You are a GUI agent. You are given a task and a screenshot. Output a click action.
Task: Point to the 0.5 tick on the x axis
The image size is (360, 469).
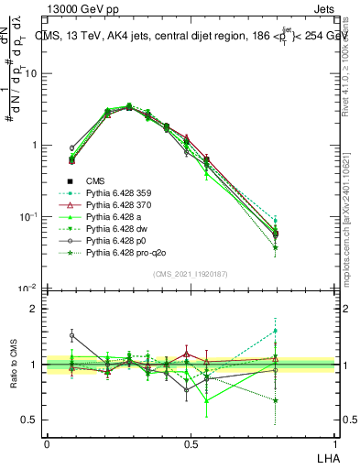(190, 443)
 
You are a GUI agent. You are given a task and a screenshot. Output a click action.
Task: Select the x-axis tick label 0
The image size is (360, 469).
(47, 443)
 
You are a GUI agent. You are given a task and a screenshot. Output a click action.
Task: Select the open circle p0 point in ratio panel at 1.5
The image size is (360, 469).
(72, 335)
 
